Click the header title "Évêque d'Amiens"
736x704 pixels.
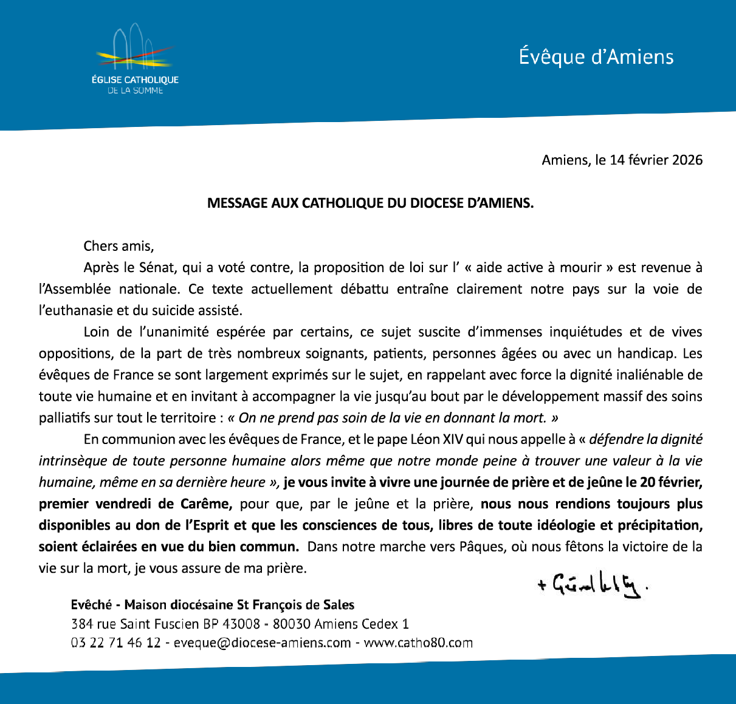click(x=596, y=57)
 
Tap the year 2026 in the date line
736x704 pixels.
click(x=687, y=160)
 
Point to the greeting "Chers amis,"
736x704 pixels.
click(x=119, y=246)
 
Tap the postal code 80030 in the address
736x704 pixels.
click(x=292, y=624)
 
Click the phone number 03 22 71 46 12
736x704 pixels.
click(x=115, y=643)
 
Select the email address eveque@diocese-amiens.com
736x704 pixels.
click(x=262, y=643)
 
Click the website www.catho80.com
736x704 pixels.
click(x=418, y=643)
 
